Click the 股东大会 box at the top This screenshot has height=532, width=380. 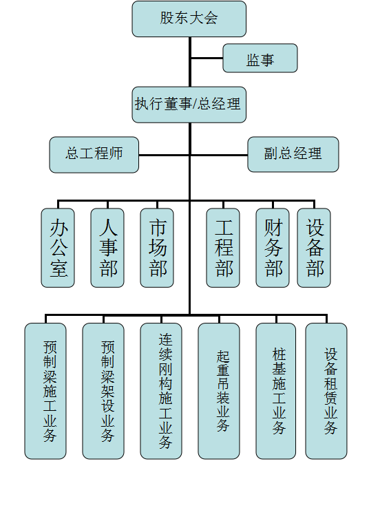pyautogui.click(x=189, y=19)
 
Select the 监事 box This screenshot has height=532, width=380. pyautogui.click(x=260, y=58)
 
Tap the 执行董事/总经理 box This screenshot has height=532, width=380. pyautogui.click(x=189, y=105)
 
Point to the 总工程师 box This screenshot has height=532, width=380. pyautogui.click(x=94, y=155)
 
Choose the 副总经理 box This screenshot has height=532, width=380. pyautogui.click(x=293, y=154)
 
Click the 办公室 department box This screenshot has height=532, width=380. pyautogui.click(x=58, y=248)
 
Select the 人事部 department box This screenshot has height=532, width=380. pyautogui.click(x=107, y=248)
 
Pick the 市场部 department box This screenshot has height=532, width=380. pyautogui.click(x=157, y=248)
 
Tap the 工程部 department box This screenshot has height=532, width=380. pyautogui.click(x=223, y=248)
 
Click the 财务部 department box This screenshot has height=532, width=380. pyautogui.click(x=273, y=248)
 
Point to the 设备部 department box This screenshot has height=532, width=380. pyautogui.click(x=314, y=248)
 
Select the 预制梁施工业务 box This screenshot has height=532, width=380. pyautogui.click(x=45, y=391)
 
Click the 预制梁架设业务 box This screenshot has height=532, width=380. pyautogui.click(x=103, y=391)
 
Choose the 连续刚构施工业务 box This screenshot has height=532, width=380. pyautogui.click(x=161, y=391)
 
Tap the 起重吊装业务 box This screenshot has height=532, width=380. pyautogui.click(x=219, y=391)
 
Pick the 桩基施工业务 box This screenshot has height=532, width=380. pyautogui.click(x=276, y=391)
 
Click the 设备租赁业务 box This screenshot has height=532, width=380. pyautogui.click(x=326, y=391)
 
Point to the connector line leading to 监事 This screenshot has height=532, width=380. pyautogui.click(x=207, y=58)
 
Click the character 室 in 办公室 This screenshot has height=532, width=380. pyautogui.click(x=59, y=268)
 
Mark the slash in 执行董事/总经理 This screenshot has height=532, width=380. pyautogui.click(x=195, y=104)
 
